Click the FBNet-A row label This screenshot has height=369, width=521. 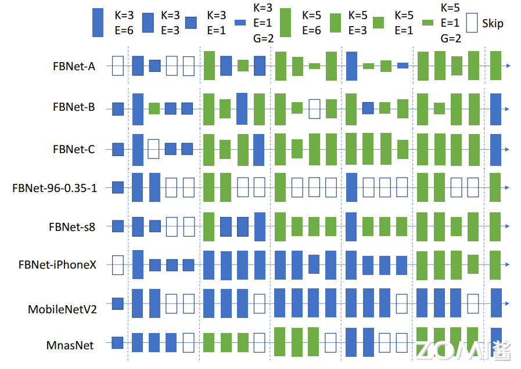pyautogui.click(x=74, y=66)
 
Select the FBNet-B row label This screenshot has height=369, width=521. pyautogui.click(x=74, y=107)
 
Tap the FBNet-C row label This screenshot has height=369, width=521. pyautogui.click(x=74, y=149)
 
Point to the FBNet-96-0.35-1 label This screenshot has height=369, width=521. pyautogui.click(x=55, y=188)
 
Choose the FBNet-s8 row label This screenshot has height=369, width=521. pyautogui.click(x=72, y=227)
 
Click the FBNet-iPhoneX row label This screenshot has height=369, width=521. pyautogui.click(x=58, y=265)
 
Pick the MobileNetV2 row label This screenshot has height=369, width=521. pyautogui.click(x=62, y=309)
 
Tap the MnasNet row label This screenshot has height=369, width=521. pyautogui.click(x=70, y=346)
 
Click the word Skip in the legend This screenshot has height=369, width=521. pyautogui.click(x=493, y=23)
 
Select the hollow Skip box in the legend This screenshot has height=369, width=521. pyautogui.click(x=471, y=23)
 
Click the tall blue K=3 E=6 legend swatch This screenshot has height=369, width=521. pyautogui.click(x=98, y=23)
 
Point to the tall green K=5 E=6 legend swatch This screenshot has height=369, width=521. pyautogui.click(x=285, y=23)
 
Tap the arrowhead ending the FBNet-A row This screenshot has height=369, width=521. pyautogui.click(x=508, y=66)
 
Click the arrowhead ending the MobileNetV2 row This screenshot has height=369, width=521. pyautogui.click(x=508, y=303)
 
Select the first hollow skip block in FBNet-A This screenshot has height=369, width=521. pyautogui.click(x=118, y=66)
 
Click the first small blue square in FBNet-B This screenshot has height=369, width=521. pyautogui.click(x=118, y=108)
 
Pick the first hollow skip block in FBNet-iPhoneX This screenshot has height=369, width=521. pyautogui.click(x=118, y=265)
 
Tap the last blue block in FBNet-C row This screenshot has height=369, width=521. pyautogui.click(x=495, y=149)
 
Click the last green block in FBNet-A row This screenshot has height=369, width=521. pyautogui.click(x=495, y=66)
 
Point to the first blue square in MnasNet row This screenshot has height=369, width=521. pyautogui.click(x=118, y=342)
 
